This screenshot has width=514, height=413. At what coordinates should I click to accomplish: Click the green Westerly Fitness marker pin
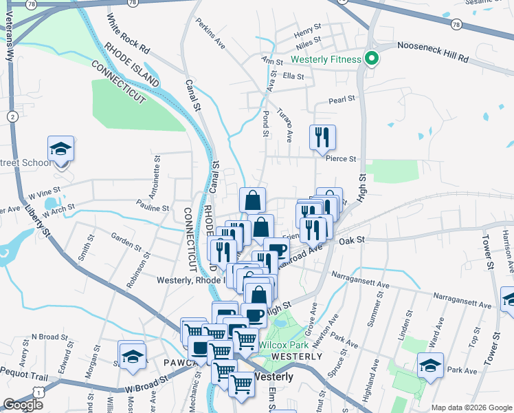372,59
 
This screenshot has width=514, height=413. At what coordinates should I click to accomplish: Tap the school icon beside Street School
60,149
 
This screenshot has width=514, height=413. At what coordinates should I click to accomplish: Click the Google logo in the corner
23,404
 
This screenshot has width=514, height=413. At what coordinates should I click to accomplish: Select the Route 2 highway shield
13,117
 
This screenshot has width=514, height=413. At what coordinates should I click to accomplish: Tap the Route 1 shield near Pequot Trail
41,391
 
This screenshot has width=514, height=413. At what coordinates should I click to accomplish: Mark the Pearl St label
342,98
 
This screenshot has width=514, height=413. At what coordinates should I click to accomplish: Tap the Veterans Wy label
10,44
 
